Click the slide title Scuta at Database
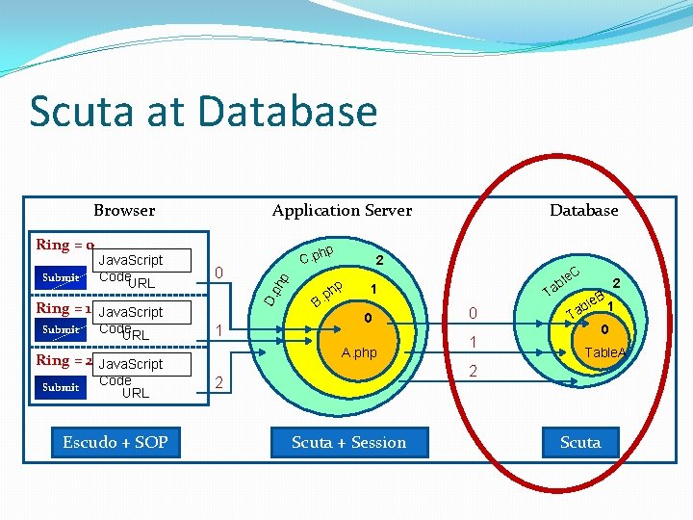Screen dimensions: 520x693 (x=203, y=111)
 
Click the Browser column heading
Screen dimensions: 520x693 (x=124, y=210)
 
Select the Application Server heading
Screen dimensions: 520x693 (x=342, y=210)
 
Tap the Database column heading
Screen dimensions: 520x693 (x=583, y=210)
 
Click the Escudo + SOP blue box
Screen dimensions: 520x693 (x=115, y=442)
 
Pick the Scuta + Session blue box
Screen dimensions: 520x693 (x=348, y=442)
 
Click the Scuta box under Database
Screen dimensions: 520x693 (x=580, y=442)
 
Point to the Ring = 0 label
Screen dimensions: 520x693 (x=64, y=245)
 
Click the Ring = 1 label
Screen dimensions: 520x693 (x=64, y=308)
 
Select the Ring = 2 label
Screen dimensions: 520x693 (x=64, y=360)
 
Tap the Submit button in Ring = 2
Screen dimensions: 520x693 (x=62, y=387)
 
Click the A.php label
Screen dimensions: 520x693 (x=360, y=352)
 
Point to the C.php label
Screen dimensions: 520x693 (x=316, y=254)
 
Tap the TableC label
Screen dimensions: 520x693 (x=560, y=280)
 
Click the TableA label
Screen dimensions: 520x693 (x=605, y=352)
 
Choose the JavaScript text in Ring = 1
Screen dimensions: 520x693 (x=131, y=312)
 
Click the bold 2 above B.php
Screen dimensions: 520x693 (x=379, y=260)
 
